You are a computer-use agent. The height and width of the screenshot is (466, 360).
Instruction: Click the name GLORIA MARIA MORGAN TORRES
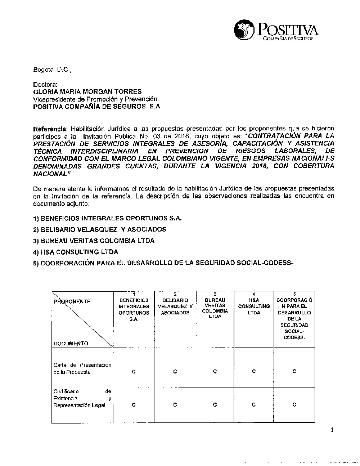87,91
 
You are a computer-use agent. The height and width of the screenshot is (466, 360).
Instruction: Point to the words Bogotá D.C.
52,71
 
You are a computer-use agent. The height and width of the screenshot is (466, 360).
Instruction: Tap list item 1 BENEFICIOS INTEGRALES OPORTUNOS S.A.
107,218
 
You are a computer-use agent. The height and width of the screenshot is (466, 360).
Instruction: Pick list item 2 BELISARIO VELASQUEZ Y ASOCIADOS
99,229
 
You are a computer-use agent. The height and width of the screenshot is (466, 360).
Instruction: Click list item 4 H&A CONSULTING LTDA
76,252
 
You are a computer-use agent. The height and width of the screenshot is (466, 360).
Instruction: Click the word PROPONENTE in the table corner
72,301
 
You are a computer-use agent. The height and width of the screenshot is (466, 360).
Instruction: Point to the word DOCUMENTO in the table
71,344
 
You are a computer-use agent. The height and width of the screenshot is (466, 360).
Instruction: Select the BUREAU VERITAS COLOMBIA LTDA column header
215,308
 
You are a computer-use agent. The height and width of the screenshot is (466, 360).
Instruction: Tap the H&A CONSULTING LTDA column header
254,306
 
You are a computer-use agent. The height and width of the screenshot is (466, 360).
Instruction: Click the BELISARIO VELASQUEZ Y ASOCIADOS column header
175,306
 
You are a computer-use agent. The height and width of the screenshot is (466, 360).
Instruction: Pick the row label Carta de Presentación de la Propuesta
82,368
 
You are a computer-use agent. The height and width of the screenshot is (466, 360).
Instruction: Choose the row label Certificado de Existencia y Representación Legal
82,398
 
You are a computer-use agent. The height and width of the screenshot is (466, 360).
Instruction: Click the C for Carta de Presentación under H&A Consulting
254,371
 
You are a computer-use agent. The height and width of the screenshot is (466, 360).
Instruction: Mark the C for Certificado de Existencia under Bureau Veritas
215,405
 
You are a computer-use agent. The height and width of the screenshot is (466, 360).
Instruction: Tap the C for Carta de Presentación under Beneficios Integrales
134,372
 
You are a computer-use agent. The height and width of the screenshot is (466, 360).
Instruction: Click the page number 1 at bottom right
332,429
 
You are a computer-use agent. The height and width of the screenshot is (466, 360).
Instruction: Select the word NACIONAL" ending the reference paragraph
50,174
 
